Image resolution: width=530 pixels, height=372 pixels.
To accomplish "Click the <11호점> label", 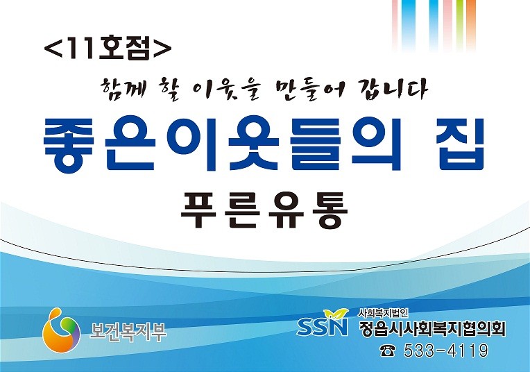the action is [108, 49].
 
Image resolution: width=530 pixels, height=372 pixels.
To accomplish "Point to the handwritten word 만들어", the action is [307, 90].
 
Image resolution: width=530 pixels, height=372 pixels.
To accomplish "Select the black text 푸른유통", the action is [265, 210].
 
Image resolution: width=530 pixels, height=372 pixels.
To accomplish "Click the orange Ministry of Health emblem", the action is [61, 330].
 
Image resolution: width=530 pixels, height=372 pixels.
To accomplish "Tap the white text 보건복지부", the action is [128, 332].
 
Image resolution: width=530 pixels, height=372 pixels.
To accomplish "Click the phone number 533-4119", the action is [446, 350].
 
